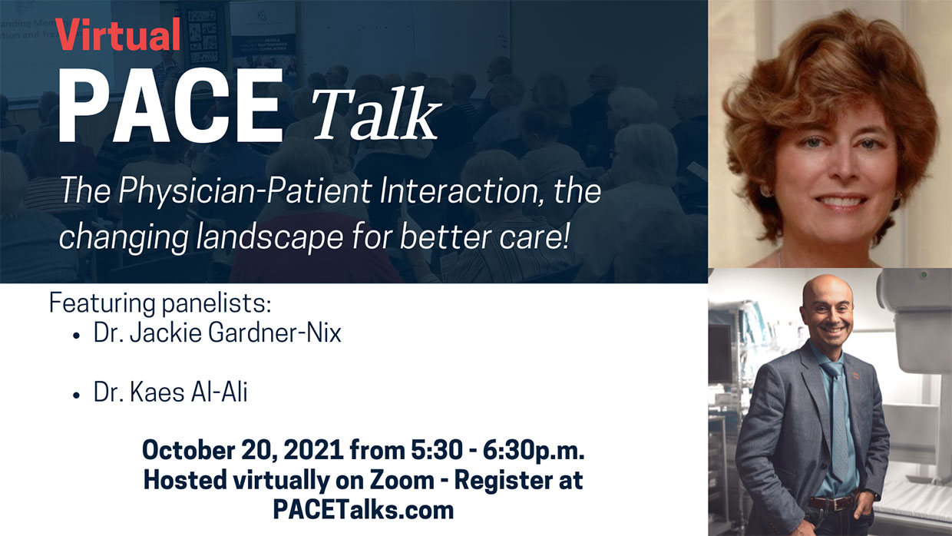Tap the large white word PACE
tap(170, 106)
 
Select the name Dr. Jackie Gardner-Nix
tap(217, 334)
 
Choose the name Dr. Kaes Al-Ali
tap(170, 393)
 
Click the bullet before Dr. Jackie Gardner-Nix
tap(77, 336)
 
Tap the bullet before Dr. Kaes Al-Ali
tap(77, 395)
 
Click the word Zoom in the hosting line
tap(408, 480)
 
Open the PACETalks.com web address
tap(363, 509)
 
